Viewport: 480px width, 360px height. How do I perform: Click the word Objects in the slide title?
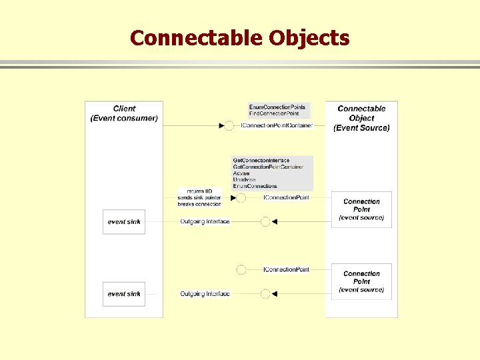pos(309,38)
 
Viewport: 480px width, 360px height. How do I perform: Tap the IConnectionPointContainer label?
pos(277,125)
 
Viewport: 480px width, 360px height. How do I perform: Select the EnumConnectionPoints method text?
pos(277,107)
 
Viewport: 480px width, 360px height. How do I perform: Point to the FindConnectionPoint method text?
pos(275,114)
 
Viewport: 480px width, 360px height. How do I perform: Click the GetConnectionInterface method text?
pos(261,161)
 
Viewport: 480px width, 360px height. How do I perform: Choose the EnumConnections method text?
pos(255,186)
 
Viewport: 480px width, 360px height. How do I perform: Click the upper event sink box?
pos(124,221)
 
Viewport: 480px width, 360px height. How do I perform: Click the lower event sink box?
pos(124,294)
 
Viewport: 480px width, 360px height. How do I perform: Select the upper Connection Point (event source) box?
pos(361,209)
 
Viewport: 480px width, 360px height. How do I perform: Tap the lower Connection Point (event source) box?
pos(361,281)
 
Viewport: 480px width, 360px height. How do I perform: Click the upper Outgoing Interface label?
pos(205,221)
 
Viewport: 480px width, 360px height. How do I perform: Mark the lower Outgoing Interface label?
pos(205,294)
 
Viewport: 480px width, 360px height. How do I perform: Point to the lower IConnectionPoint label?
pos(287,269)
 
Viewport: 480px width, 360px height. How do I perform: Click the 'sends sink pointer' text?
pos(199,198)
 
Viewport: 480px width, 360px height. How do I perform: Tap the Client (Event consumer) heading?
pos(124,113)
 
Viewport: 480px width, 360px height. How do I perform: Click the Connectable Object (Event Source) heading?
pos(361,118)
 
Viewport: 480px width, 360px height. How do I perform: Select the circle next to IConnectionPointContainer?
pos(229,125)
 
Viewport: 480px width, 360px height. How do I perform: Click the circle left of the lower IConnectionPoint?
pos(241,269)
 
